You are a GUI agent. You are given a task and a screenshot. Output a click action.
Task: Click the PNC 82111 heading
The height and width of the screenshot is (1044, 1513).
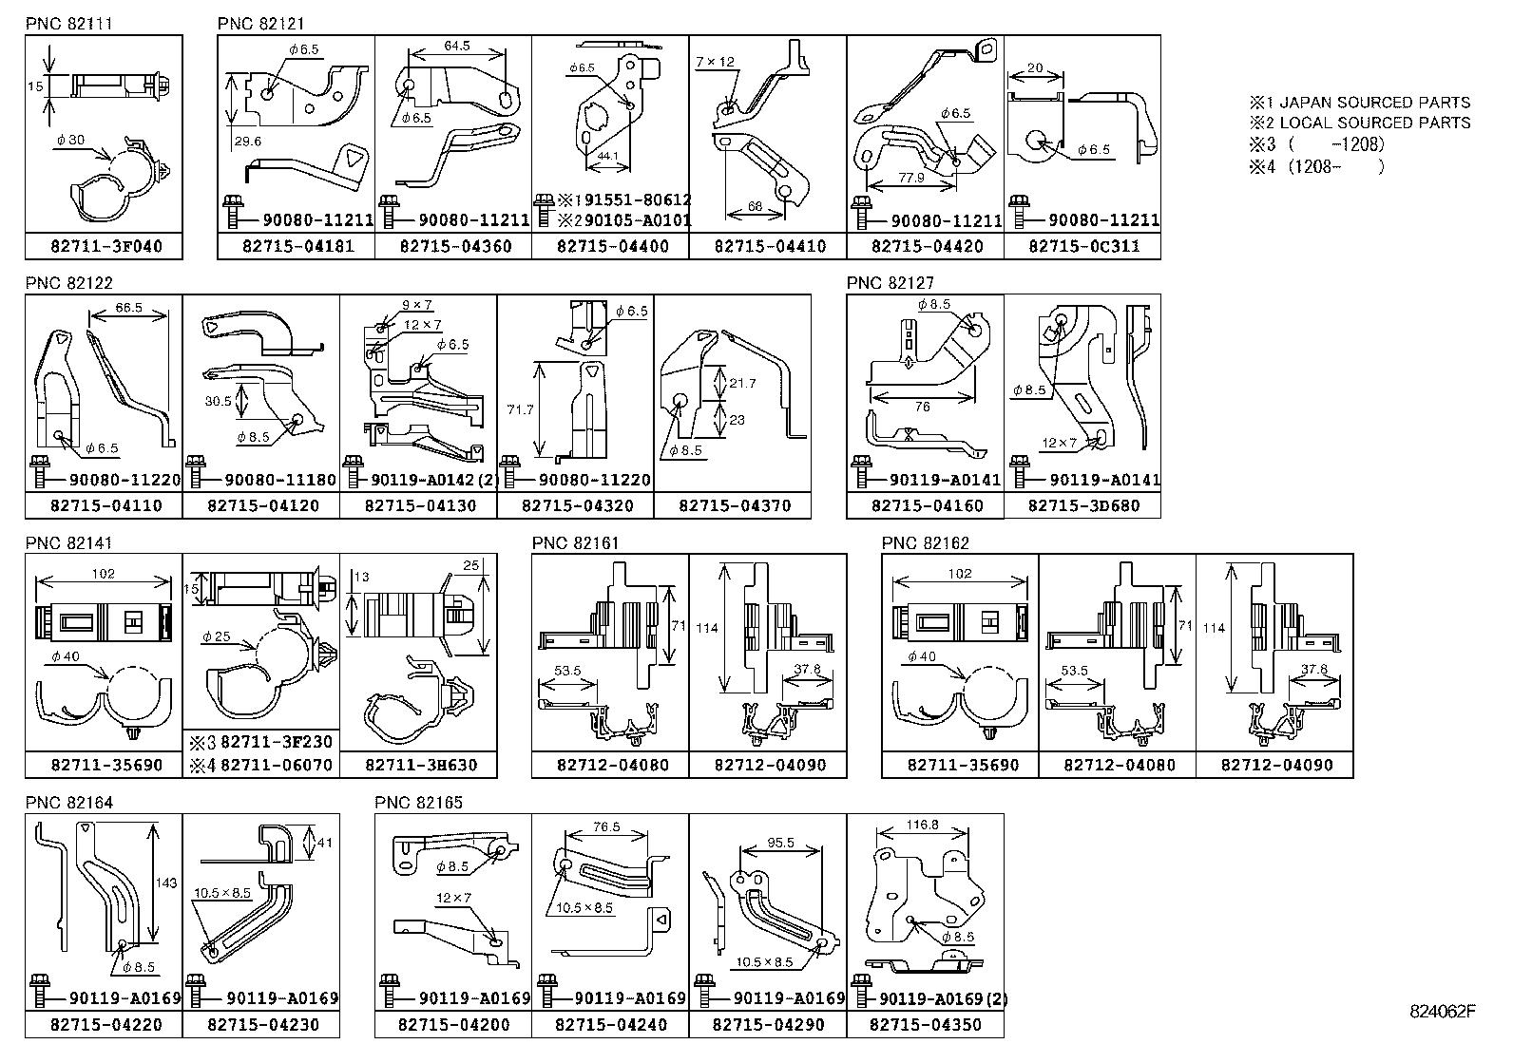pos(69,24)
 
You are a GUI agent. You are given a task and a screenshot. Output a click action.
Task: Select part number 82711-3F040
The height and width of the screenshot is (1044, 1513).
pos(105,247)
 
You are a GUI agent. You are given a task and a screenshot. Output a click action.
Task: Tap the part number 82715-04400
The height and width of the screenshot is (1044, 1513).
pos(612,247)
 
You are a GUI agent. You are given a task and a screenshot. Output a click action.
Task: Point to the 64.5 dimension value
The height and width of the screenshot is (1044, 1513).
pos(457,46)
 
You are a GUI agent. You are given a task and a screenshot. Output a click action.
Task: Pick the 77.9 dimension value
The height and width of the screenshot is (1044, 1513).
pos(910,178)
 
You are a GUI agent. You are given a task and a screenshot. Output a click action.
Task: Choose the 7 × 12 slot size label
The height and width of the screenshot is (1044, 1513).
pos(715,62)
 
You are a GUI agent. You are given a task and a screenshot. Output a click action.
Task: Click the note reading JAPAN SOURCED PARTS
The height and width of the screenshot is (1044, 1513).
pos(1369,103)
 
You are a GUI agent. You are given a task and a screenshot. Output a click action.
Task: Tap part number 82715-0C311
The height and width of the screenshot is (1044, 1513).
pos(1082,247)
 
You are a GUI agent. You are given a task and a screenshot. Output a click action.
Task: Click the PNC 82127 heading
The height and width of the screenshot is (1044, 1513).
pos(891,283)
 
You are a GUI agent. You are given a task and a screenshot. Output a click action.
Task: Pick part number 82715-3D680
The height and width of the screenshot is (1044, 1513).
pos(1083,506)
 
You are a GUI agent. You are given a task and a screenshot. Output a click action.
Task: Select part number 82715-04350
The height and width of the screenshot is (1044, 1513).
pos(926,1025)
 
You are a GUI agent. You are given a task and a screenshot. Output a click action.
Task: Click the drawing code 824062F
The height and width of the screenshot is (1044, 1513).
pos(1443,1011)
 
